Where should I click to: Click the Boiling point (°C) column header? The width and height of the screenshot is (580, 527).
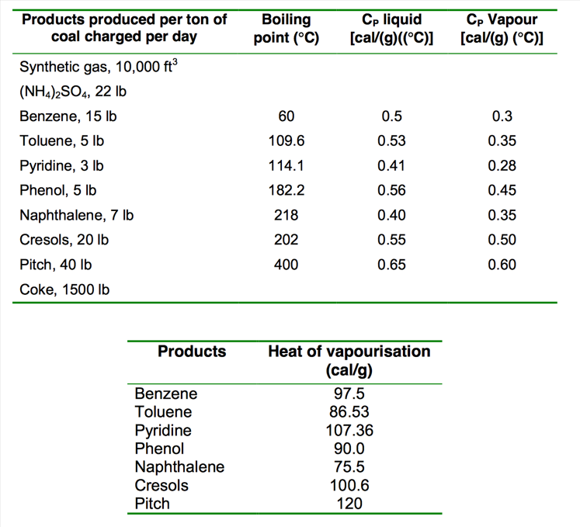[287, 29]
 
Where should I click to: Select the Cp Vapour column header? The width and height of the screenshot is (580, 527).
[502, 29]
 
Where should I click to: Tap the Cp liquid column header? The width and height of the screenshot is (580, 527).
[392, 29]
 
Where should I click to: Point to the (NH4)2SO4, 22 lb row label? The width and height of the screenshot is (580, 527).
[73, 92]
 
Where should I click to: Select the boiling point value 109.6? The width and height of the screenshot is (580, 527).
[287, 141]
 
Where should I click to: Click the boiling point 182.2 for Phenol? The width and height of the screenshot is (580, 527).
[287, 190]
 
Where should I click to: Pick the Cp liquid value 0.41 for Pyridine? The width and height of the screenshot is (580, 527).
[392, 165]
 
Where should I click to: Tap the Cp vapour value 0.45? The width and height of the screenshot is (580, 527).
[502, 190]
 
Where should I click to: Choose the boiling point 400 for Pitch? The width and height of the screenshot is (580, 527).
[287, 265]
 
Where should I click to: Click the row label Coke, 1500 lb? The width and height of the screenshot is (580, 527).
[64, 290]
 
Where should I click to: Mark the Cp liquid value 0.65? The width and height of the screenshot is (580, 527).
[392, 265]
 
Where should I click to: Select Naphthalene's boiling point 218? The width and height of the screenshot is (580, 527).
[287, 215]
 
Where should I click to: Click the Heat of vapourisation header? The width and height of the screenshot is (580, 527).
[349, 360]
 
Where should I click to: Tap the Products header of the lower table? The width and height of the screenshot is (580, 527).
[192, 352]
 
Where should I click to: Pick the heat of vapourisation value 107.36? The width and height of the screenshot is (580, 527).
[349, 430]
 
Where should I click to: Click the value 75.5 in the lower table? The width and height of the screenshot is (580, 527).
[349, 467]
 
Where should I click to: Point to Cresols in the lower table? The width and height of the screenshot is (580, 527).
[161, 486]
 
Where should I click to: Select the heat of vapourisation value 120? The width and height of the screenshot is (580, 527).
[349, 504]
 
